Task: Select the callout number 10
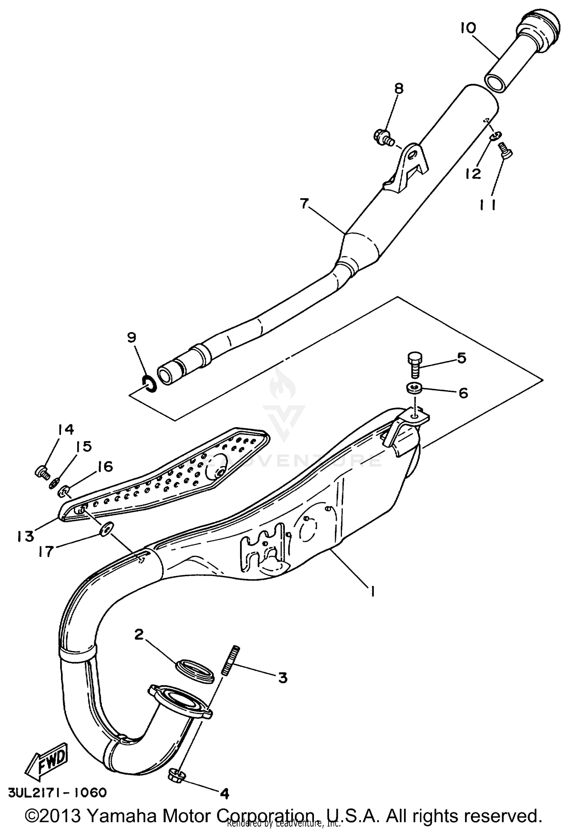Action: pyautogui.click(x=468, y=28)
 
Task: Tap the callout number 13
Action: pyautogui.click(x=25, y=536)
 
